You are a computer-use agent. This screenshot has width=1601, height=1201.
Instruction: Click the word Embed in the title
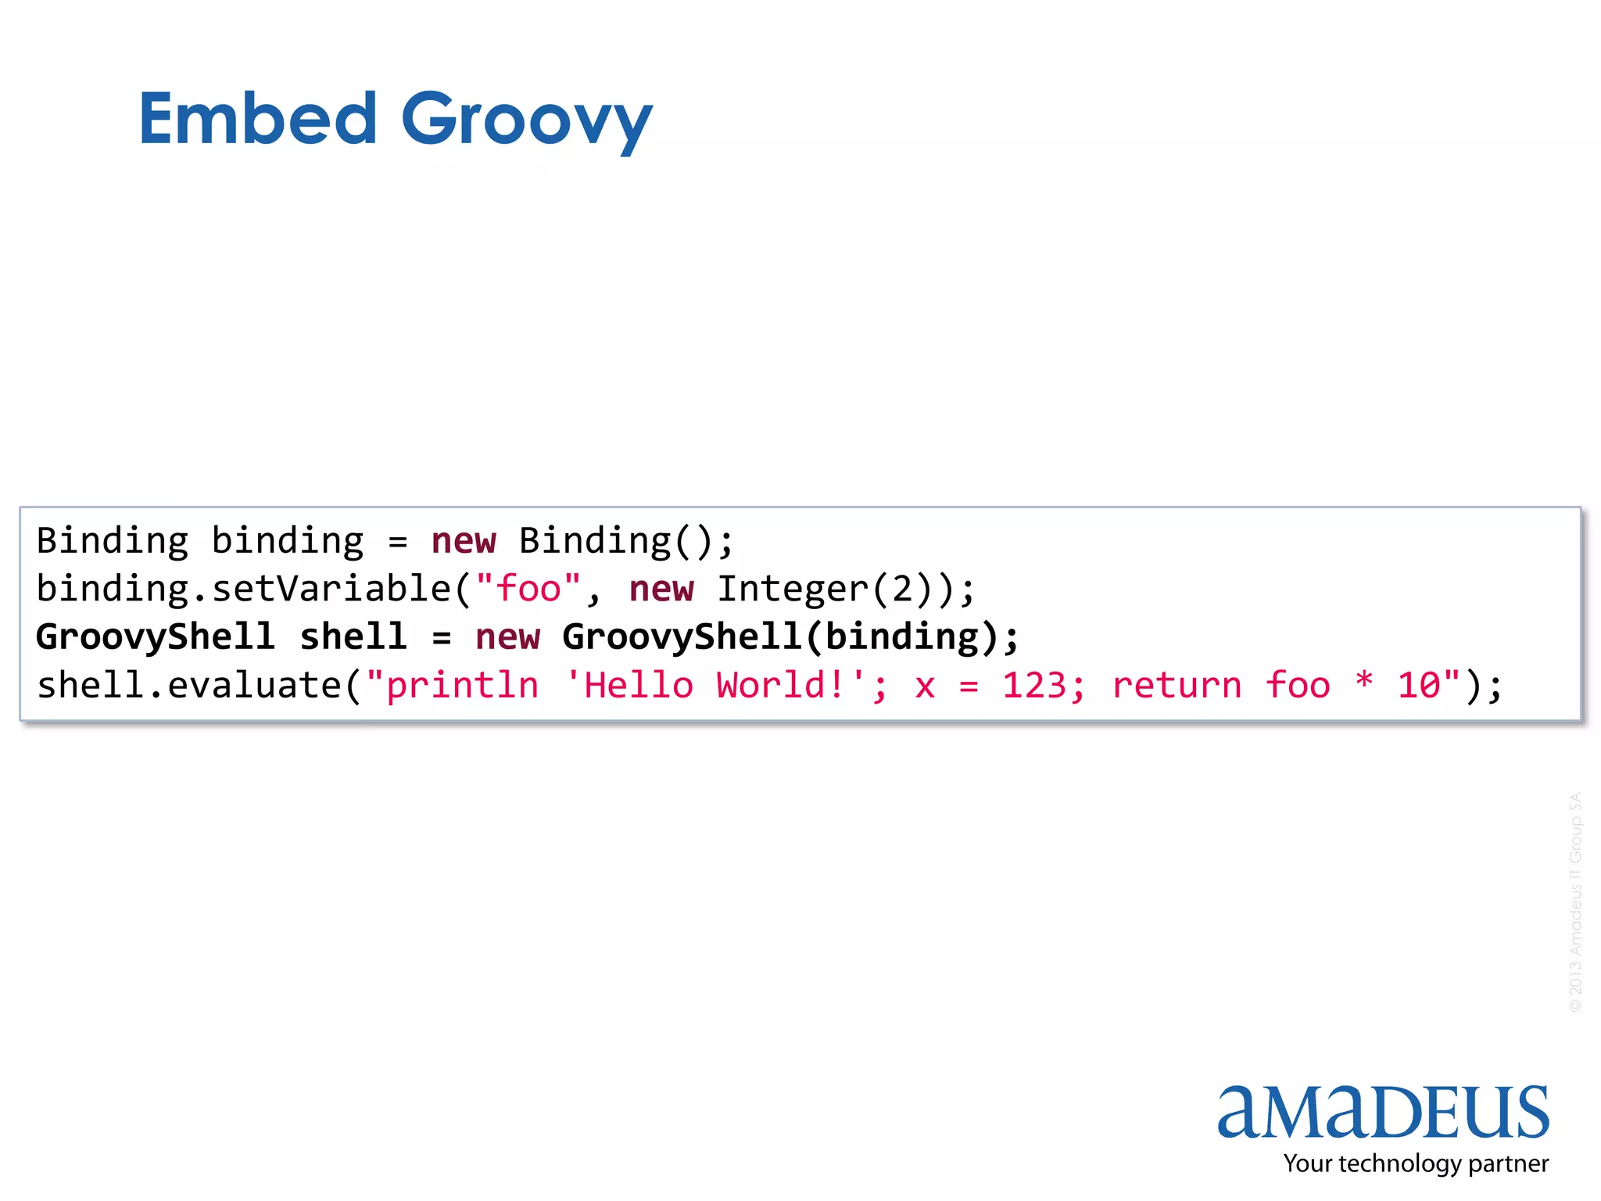tap(258, 119)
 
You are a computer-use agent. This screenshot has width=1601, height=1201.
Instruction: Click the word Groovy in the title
tap(526, 121)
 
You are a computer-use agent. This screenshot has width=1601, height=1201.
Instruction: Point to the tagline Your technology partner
tap(1415, 1163)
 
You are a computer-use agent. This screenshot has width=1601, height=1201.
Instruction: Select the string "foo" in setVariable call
tap(528, 589)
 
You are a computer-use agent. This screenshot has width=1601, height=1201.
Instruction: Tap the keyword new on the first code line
tap(464, 541)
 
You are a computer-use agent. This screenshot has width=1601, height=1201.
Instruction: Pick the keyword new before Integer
tap(661, 589)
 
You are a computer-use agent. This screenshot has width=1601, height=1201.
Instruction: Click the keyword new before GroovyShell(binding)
tap(507, 637)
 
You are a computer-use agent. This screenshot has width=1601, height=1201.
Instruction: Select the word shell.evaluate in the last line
tap(189, 686)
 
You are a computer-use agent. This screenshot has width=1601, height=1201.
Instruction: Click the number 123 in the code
tap(1034, 686)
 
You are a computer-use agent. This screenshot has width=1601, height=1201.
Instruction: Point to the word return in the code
tap(1177, 686)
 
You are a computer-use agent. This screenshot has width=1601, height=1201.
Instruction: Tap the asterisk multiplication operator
tap(1364, 682)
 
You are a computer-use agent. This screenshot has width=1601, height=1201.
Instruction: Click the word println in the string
tap(462, 686)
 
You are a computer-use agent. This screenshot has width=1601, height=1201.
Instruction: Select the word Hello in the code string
tap(638, 686)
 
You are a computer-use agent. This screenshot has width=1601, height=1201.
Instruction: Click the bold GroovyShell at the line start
tap(155, 637)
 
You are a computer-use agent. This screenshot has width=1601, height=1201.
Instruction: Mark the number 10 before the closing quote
tap(1419, 686)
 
